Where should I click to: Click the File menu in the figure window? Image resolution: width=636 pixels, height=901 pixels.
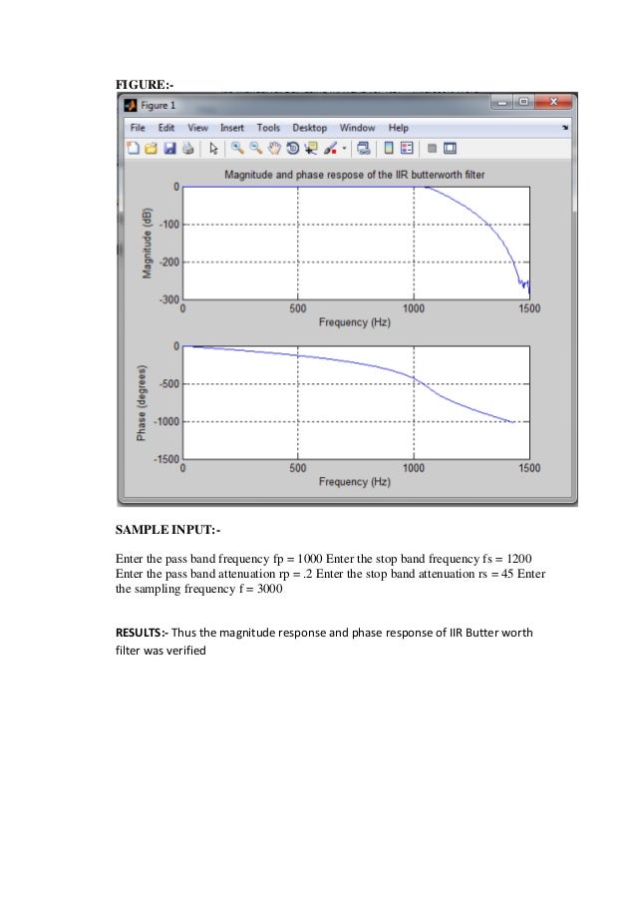tap(138, 128)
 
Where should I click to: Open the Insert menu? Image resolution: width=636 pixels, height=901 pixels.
tap(232, 128)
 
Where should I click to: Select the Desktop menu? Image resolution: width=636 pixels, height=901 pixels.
tap(309, 128)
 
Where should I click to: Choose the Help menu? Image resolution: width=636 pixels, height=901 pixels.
tap(399, 128)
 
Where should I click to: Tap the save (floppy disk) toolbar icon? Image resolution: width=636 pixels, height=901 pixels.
tap(169, 149)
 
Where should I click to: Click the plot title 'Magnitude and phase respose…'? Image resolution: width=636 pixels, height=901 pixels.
tap(354, 174)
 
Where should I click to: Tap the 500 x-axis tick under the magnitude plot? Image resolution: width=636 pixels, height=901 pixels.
tap(298, 309)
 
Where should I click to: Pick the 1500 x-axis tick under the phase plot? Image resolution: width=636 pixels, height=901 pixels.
tap(528, 468)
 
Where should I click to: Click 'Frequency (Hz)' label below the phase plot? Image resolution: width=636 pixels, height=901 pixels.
tap(355, 482)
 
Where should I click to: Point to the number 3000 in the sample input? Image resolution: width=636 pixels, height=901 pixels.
tap(266, 589)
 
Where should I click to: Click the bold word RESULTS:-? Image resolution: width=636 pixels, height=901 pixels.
tap(143, 633)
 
